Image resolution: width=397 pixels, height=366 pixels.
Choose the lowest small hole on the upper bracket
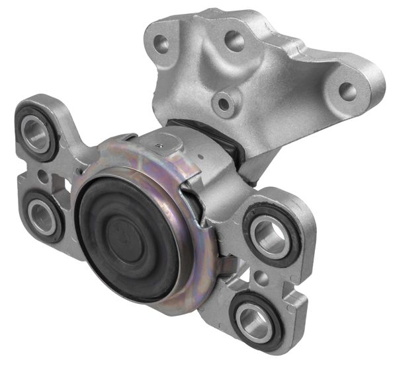pos(226,103)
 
